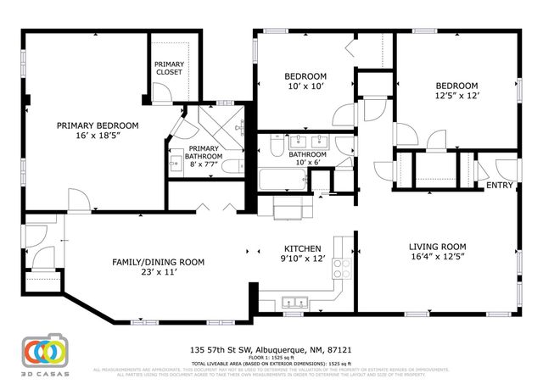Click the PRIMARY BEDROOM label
click(x=98, y=125)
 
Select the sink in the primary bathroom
click(x=176, y=164)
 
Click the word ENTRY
click(x=499, y=185)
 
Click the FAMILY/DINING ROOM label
click(x=158, y=262)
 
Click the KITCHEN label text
click(x=302, y=250)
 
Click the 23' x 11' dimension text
click(x=158, y=272)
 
